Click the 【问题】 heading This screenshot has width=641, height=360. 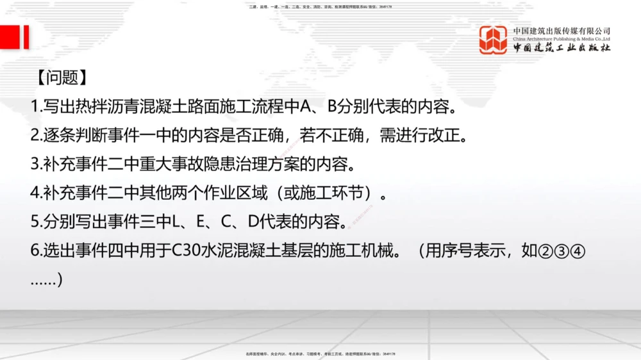59,78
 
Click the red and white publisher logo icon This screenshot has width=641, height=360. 494,40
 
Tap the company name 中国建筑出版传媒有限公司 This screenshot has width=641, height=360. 562,31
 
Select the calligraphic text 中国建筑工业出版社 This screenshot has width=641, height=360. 562,48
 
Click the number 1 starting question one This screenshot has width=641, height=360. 35,108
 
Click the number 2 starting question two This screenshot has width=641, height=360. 35,136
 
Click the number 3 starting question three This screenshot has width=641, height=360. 35,164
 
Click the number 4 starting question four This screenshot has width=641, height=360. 35,192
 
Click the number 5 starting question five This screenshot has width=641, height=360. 35,221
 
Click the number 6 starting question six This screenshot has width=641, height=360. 35,250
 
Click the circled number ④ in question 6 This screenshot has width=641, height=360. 578,251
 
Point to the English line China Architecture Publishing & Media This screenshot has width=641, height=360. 562,38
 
